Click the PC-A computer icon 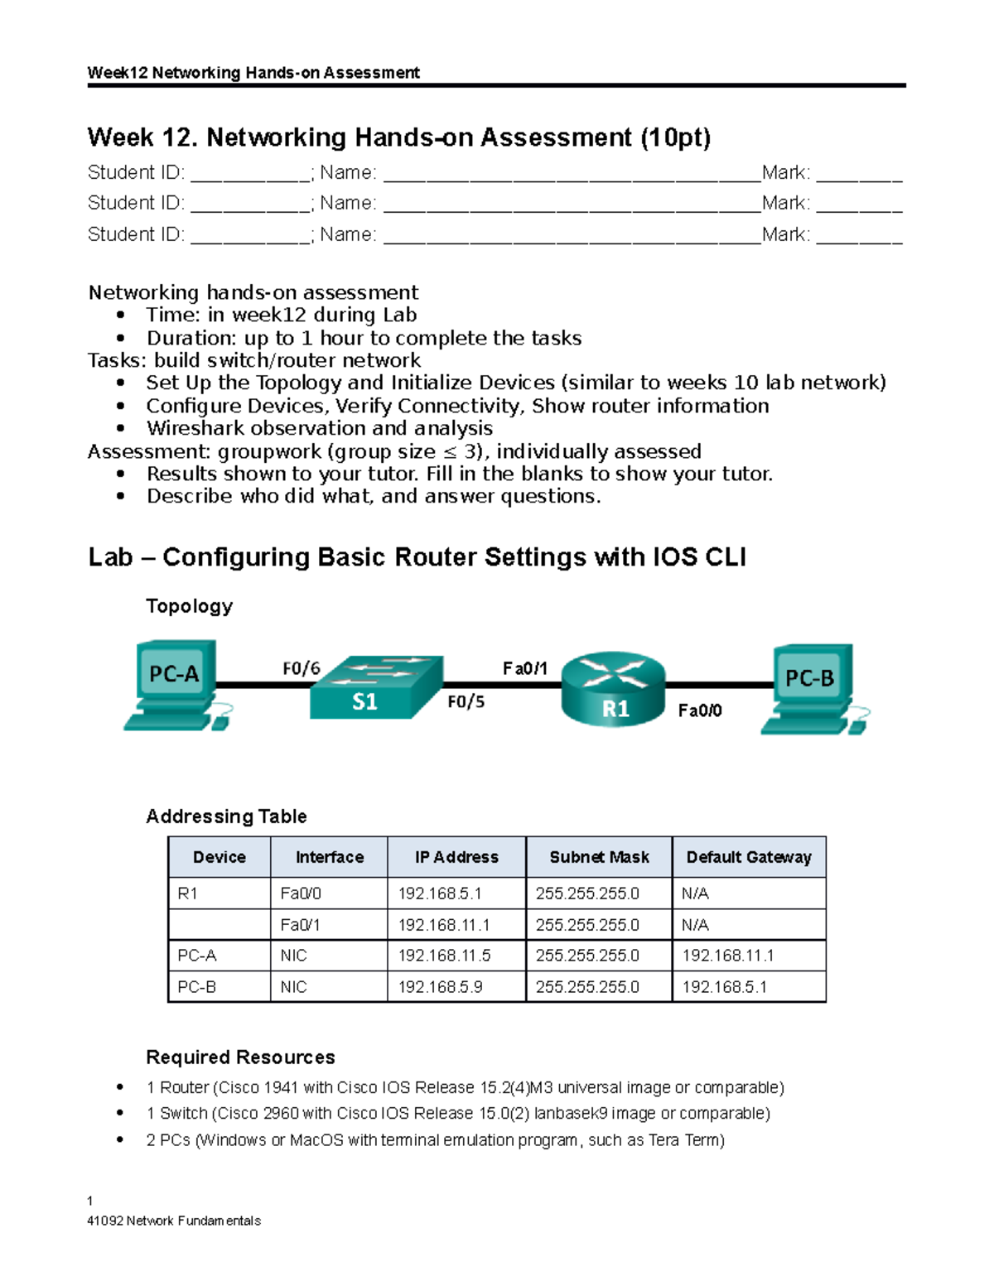click(176, 684)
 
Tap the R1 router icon click(613, 689)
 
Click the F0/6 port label click(301, 668)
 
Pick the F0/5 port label click(466, 702)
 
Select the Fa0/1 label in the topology click(524, 668)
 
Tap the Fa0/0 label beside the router click(700, 710)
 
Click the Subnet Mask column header click(599, 857)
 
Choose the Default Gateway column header click(749, 857)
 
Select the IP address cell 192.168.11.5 click(444, 956)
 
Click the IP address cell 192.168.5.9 click(440, 987)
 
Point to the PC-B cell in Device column click(197, 987)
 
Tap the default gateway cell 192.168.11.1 click(727, 956)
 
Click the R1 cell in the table click(188, 893)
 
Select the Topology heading click(189, 606)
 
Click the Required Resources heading click(240, 1057)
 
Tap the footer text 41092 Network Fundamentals click(174, 1221)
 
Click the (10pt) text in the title click(674, 137)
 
